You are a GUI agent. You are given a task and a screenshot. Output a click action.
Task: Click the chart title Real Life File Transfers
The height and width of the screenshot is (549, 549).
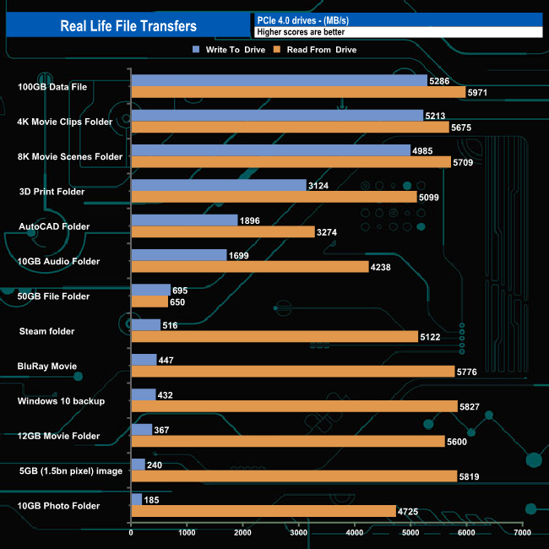128,26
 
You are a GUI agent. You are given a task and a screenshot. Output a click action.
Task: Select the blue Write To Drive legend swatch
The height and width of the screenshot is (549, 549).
197,50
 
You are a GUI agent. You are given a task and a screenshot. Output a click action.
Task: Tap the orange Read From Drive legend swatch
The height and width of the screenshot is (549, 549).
273,50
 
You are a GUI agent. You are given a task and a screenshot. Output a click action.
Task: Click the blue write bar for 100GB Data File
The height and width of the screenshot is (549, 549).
279,80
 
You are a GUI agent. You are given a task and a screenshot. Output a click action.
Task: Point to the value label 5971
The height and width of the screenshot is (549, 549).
481,92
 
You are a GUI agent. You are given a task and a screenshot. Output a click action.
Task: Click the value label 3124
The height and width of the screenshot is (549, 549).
320,185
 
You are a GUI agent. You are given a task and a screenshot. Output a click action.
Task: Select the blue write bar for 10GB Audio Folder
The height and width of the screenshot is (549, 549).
178,255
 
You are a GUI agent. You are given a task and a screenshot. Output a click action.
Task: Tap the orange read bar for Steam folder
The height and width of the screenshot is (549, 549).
274,336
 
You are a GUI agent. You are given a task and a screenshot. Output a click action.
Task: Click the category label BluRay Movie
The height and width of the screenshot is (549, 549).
47,367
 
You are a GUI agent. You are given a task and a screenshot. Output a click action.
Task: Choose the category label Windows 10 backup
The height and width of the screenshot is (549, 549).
61,401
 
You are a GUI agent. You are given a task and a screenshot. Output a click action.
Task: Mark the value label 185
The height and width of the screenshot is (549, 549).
154,500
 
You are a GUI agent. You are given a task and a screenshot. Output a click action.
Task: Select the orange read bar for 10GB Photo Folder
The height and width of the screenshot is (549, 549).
263,511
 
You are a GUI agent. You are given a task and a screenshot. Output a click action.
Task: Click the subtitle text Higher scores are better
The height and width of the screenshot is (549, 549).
301,32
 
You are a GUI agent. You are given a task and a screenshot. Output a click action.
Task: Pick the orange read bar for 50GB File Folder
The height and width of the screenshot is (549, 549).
149,302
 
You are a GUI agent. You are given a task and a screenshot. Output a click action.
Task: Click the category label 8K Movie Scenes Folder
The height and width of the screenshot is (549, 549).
70,156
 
